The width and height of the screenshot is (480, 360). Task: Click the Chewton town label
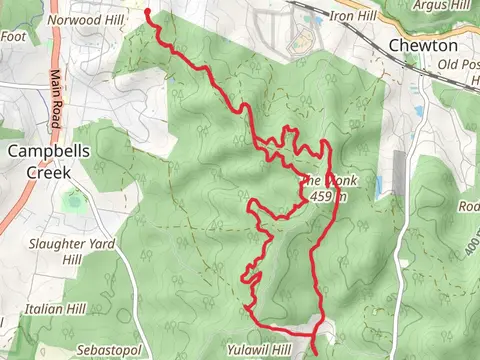423,46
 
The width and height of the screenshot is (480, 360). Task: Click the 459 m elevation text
323,197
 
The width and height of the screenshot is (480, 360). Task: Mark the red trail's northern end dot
149,13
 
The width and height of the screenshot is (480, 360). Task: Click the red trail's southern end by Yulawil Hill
315,352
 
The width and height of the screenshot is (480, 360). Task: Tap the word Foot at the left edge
12,37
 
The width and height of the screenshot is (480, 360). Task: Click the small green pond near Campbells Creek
72,202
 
